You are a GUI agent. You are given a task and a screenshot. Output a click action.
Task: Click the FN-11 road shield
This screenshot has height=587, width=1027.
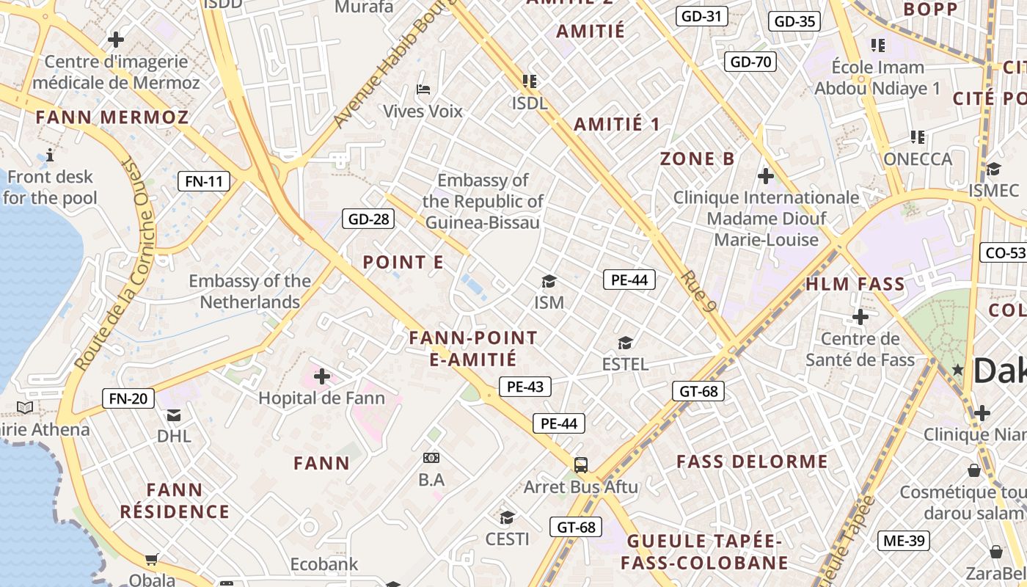click(204, 181)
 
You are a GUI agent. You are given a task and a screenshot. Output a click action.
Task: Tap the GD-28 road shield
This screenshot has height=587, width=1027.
click(368, 219)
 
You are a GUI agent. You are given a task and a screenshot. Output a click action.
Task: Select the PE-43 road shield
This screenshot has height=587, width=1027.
click(525, 387)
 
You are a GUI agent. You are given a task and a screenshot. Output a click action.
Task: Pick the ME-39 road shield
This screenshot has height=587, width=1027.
click(904, 542)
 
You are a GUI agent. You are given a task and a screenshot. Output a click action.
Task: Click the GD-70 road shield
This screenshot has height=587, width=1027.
click(750, 62)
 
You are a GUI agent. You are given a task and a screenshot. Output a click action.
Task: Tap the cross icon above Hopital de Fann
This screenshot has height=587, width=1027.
click(321, 376)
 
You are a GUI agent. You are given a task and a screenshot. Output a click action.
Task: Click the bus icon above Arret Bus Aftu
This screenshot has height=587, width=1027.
click(581, 464)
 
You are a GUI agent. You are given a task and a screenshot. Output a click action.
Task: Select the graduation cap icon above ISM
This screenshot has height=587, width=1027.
click(549, 281)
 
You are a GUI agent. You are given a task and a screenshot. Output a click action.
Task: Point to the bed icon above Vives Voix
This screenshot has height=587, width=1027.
click(423, 90)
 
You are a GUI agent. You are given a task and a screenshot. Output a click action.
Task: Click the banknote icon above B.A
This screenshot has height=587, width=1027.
click(431, 458)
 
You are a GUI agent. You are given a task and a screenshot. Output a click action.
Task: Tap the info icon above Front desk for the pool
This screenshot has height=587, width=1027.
click(50, 155)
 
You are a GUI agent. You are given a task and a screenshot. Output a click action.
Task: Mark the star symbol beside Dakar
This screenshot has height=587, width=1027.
click(957, 370)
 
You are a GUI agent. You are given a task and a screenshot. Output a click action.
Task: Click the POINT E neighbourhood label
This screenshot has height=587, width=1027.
click(403, 262)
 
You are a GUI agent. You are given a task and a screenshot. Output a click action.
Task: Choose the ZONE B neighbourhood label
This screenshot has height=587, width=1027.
click(698, 158)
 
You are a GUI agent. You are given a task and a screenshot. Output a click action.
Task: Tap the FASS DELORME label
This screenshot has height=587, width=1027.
click(752, 462)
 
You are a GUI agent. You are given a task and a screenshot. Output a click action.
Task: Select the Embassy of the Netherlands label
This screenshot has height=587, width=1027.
click(249, 291)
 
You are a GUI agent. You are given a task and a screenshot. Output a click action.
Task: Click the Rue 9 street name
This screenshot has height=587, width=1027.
click(698, 291)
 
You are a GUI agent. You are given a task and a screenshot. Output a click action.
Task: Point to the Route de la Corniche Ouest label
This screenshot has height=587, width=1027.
click(114, 263)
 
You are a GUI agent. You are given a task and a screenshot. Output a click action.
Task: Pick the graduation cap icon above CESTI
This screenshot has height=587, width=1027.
click(507, 517)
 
